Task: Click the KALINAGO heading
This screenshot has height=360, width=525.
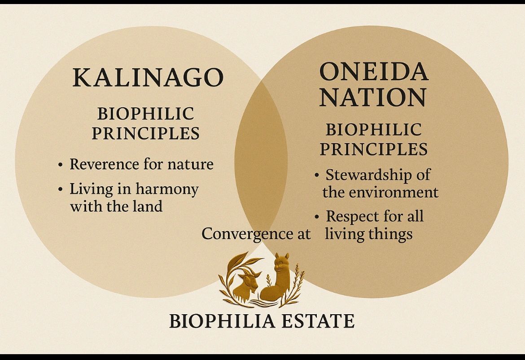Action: click(x=148, y=77)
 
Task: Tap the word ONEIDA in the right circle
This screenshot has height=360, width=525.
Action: click(x=374, y=71)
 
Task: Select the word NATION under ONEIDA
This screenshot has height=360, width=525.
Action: click(x=373, y=97)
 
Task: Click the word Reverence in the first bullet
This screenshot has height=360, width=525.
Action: click(x=104, y=164)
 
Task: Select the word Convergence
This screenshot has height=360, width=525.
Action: click(x=246, y=233)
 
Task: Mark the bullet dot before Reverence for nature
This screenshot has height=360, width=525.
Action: click(x=60, y=165)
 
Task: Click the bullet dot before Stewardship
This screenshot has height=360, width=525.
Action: click(x=317, y=175)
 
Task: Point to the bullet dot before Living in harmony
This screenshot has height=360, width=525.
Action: click(x=60, y=189)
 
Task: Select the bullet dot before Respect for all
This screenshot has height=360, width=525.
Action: click(x=317, y=217)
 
